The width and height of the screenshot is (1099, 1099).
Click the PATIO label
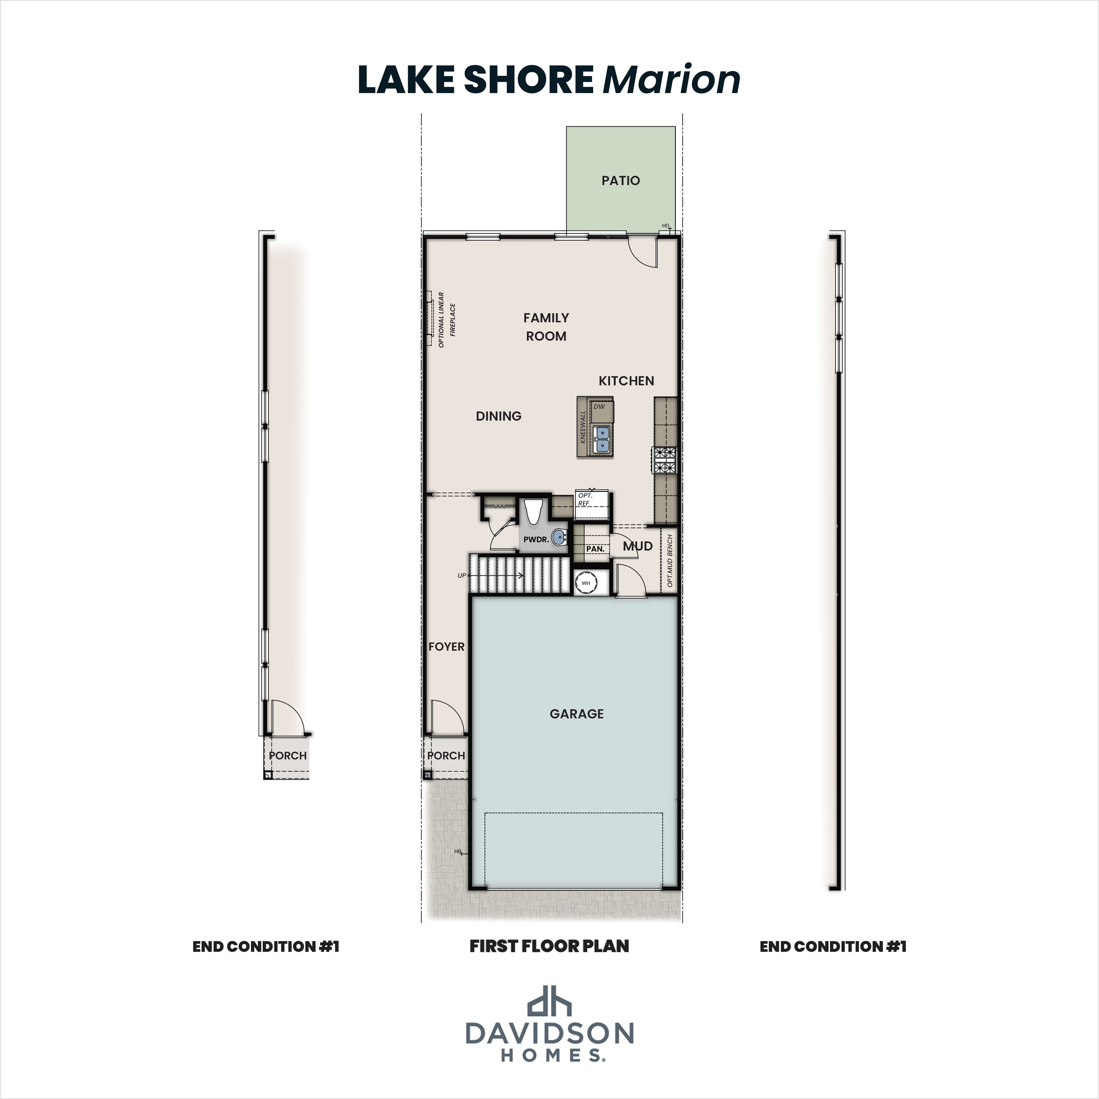coord(621,181)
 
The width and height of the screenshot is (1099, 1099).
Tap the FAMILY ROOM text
coord(546,327)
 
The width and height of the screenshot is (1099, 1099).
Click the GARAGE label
coord(577,714)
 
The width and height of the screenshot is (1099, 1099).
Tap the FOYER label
coord(447,647)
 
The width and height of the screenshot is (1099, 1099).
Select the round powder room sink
coord(559,536)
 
